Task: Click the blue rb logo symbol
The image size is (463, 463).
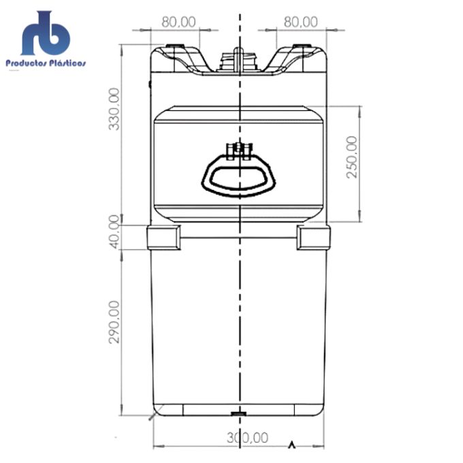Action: (46, 33)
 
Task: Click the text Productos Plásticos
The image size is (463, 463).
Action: (46, 63)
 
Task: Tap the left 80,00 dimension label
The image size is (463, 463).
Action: (178, 22)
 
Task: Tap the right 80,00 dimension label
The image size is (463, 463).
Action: (301, 22)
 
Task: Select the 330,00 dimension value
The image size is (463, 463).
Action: (114, 109)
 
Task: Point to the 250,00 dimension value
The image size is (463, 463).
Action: (351, 157)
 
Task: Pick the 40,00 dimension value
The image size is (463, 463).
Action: (114, 231)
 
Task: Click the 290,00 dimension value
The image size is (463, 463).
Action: (114, 322)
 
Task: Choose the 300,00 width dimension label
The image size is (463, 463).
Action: (247, 438)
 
